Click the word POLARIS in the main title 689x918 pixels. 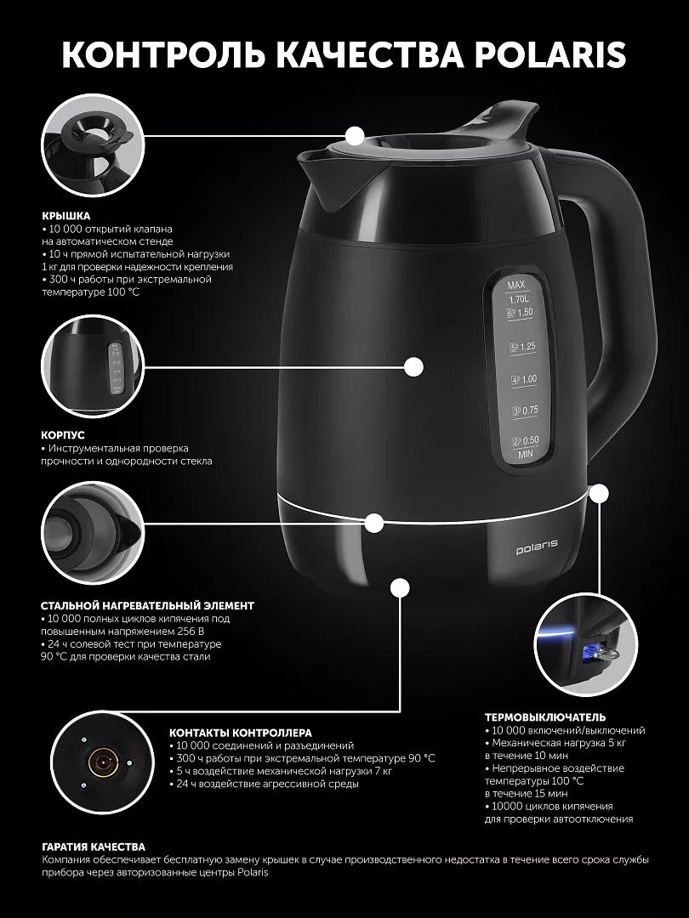pos(550,55)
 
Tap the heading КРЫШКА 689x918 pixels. pos(65,215)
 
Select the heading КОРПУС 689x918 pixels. pos(63,435)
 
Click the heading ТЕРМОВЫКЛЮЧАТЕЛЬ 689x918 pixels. pos(545,717)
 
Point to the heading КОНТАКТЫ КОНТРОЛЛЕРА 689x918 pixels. pos(240,733)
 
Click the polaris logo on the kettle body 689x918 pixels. pos(537,550)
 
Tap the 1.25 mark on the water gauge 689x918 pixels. pos(523,347)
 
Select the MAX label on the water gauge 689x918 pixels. pos(516,285)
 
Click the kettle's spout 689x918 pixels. pos(316,176)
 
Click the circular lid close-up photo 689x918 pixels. pos(93,149)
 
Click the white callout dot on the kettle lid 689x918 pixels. pos(355,136)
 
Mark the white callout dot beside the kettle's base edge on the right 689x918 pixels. pos(599,494)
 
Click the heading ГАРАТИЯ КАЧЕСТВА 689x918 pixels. pos(94,847)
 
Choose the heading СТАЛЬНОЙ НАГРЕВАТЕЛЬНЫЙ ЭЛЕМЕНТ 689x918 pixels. pos(148,606)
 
